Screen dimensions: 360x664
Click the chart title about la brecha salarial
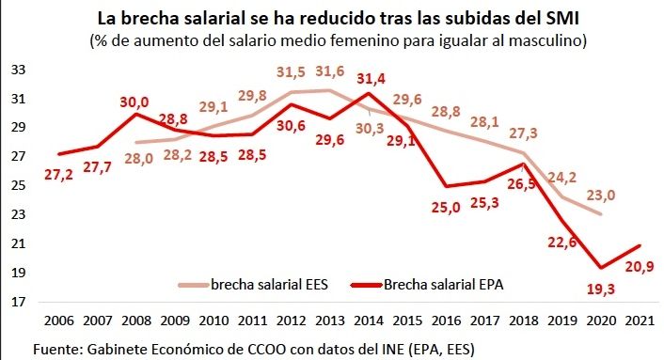[x=332, y=18]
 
